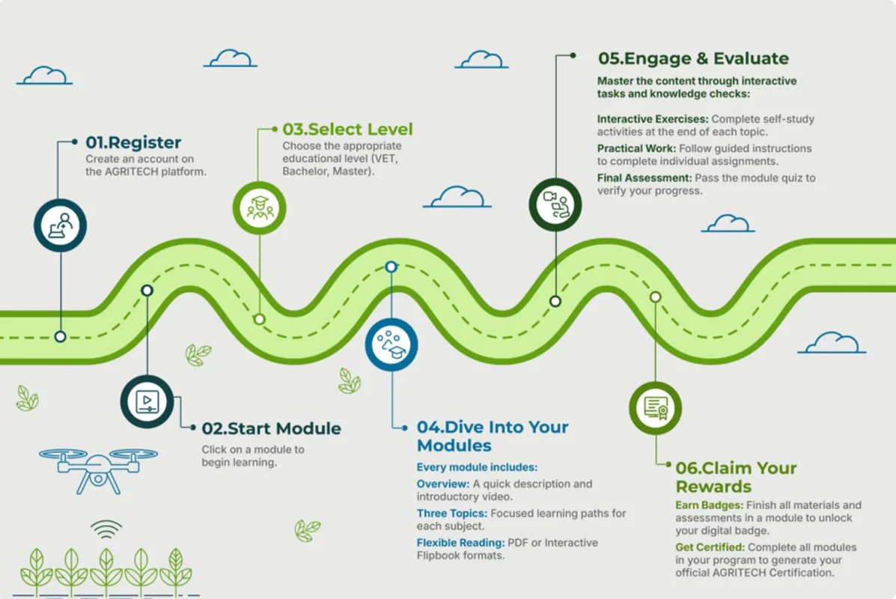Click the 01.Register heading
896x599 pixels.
[133, 142]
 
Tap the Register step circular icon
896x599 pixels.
[61, 225]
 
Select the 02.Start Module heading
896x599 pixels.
[271, 429]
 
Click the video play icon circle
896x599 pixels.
[147, 402]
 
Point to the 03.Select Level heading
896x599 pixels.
[347, 130]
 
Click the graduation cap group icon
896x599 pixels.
[260, 208]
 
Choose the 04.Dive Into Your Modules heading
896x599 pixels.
[492, 436]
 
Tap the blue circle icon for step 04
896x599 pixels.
[391, 344]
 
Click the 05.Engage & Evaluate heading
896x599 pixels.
[693, 58]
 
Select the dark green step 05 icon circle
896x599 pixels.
[555, 204]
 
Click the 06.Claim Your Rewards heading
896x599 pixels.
[736, 477]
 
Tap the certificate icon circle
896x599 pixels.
[656, 408]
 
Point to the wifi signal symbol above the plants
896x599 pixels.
[106, 529]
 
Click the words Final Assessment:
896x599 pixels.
[644, 177]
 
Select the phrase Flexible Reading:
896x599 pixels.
[460, 542]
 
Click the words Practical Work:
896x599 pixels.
[636, 148]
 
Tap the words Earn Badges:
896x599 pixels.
[709, 505]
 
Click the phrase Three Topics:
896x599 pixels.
[452, 513]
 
